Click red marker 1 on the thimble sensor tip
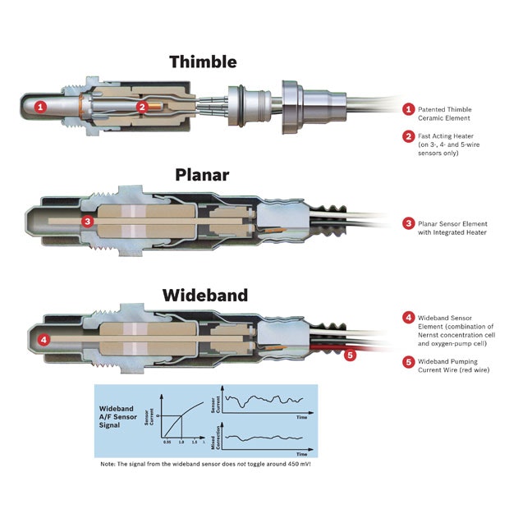[x=42, y=105]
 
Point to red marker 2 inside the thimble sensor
[x=141, y=106]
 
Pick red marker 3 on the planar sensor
[x=88, y=221]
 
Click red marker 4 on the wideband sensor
[x=44, y=339]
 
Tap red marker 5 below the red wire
[x=350, y=355]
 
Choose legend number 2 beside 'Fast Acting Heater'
[x=407, y=136]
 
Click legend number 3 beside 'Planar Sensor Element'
[x=407, y=223]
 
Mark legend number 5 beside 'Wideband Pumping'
[x=407, y=361]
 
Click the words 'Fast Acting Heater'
[x=445, y=136]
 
